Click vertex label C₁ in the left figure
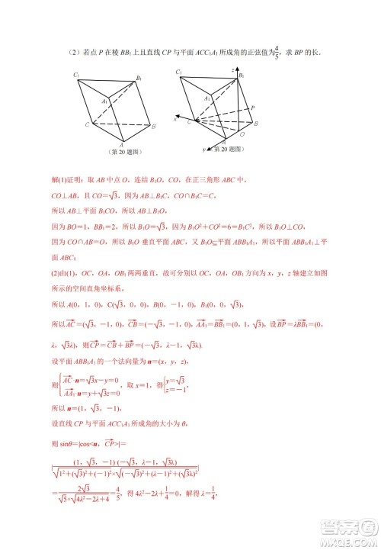point(77,74)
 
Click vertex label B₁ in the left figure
point(139,77)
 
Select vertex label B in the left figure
point(155,126)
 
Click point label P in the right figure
point(252,109)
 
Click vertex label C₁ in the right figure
point(178,72)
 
